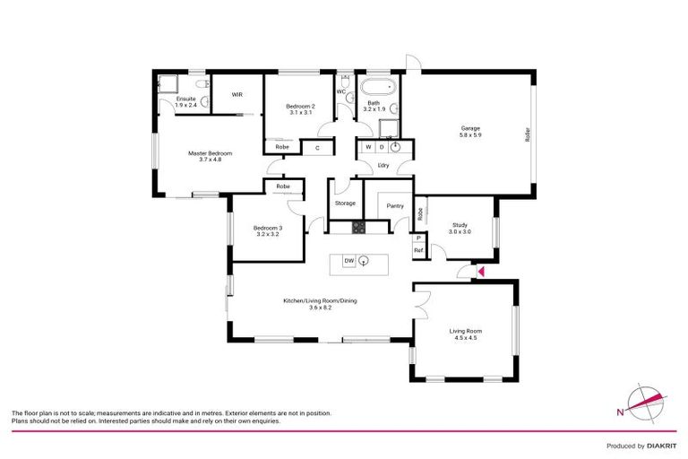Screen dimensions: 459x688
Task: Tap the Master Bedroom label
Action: [210, 153]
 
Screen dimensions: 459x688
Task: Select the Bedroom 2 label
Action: [288, 107]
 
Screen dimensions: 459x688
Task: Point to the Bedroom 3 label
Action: [267, 228]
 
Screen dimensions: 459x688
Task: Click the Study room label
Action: [460, 225]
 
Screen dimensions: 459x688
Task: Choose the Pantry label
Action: [395, 205]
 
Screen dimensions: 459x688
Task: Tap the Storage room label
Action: [345, 204]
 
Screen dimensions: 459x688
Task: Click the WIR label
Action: [238, 94]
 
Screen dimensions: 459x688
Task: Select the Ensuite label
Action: [186, 99]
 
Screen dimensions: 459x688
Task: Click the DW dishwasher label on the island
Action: [350, 261]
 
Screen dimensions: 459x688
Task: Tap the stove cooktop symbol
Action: [359, 228]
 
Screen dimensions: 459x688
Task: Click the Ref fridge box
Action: [417, 250]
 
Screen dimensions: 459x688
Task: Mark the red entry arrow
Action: [481, 271]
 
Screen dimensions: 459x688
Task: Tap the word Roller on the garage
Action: [529, 134]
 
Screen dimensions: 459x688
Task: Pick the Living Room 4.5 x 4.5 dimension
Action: [466, 338]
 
